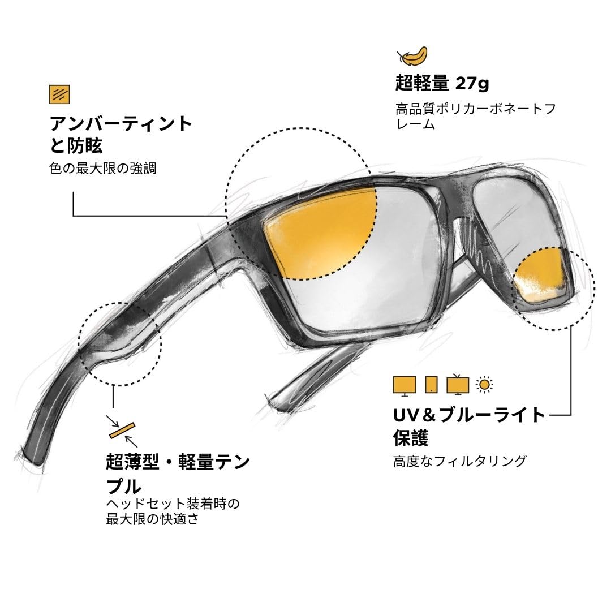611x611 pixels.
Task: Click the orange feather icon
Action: pyautogui.click(x=412, y=57)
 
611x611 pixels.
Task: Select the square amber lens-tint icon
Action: pyautogui.click(x=59, y=94)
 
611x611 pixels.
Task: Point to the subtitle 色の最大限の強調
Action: pyautogui.click(x=102, y=168)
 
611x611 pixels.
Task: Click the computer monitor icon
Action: pyautogui.click(x=404, y=385)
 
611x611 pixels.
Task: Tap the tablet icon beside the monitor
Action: pyautogui.click(x=431, y=385)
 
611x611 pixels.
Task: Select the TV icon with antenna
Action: pyautogui.click(x=457, y=384)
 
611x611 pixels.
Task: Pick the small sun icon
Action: pyautogui.click(x=484, y=385)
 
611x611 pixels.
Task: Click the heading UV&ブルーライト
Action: pyautogui.click(x=469, y=415)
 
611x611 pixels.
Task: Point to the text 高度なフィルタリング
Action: pyautogui.click(x=459, y=461)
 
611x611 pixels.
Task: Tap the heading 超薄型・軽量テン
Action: pyautogui.click(x=178, y=463)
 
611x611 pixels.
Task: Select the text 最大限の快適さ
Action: pyautogui.click(x=152, y=518)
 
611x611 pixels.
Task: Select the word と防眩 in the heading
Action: pyautogui.click(x=76, y=146)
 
